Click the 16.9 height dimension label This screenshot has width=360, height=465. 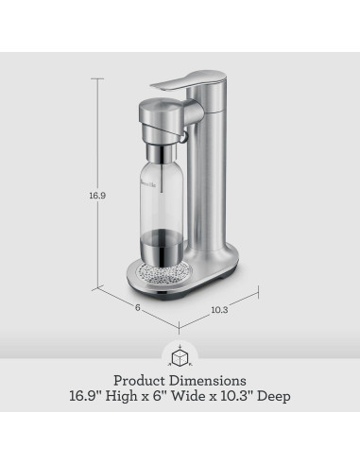coord(97,196)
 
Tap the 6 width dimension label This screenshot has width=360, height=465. coord(137,307)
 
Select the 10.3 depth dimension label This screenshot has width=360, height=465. coord(219,310)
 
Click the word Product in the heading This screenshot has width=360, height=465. coord(139,381)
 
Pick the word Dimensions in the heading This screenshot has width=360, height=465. coord(208,381)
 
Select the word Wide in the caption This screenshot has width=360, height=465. coord(188,396)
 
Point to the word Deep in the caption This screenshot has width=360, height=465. coord(274,397)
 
